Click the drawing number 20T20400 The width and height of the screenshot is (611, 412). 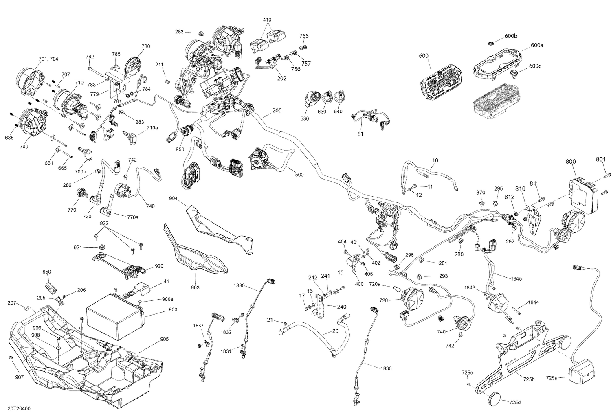(x=19, y=408)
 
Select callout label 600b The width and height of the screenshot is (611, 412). (x=511, y=36)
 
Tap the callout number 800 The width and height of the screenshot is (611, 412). (x=571, y=161)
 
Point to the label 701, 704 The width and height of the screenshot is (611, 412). (x=48, y=59)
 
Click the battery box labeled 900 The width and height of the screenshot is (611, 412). (x=115, y=316)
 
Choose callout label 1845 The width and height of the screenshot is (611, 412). (x=516, y=278)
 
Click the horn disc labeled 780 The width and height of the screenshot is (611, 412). (x=133, y=66)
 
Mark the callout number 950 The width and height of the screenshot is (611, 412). (x=180, y=149)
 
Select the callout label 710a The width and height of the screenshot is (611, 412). (x=152, y=127)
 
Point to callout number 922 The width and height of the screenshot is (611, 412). (x=104, y=224)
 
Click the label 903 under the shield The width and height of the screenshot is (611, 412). (x=195, y=287)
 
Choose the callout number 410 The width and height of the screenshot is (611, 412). (x=267, y=20)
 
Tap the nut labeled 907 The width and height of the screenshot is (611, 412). (x=11, y=358)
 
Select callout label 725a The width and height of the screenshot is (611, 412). (x=552, y=378)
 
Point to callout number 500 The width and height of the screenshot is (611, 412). (x=299, y=175)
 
